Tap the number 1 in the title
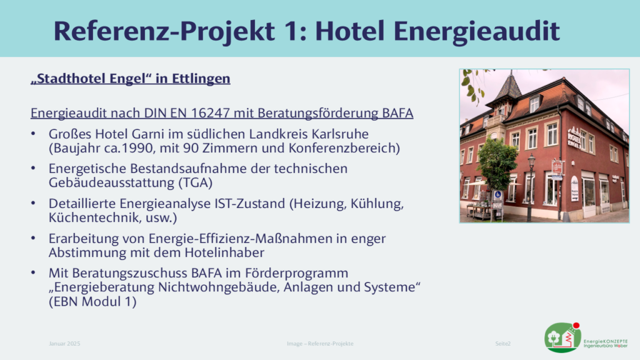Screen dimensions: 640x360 292,31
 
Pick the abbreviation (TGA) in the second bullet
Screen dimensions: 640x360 196,183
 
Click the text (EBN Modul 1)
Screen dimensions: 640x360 92,302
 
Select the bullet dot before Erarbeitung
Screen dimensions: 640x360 33,238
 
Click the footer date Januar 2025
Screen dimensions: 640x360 64,344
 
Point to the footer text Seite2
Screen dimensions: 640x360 503,344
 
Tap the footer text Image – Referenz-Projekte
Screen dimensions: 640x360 320,344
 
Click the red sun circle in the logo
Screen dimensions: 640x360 576,325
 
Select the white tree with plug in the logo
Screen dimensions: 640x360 554,337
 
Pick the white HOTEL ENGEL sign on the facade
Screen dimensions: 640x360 575,138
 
